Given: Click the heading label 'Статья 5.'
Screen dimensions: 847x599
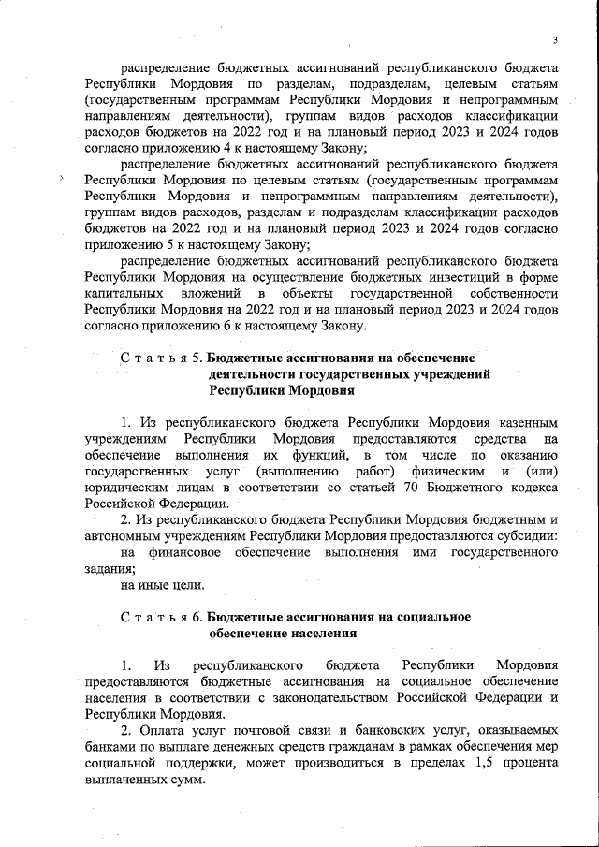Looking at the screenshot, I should (162, 358).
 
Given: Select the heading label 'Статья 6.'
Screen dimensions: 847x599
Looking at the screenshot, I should (162, 617).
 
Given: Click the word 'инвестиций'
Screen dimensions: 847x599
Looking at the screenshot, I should (424, 278).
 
